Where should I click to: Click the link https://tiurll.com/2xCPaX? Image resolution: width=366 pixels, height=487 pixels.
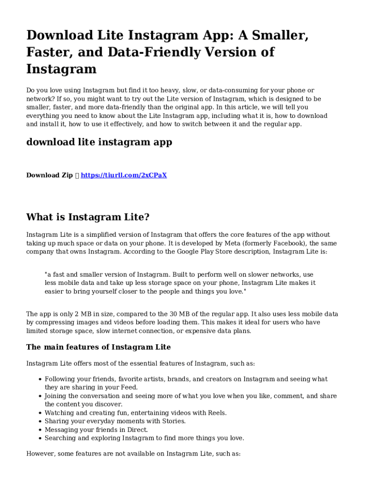[x=124, y=175]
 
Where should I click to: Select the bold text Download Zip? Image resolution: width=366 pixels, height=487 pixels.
[x=49, y=175]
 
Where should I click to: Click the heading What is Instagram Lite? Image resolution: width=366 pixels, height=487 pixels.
[x=88, y=217]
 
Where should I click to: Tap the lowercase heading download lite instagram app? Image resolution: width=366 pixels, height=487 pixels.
[x=99, y=142]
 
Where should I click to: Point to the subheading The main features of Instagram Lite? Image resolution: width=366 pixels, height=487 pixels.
[x=98, y=347]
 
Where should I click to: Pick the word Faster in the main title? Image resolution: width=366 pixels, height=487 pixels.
[x=48, y=52]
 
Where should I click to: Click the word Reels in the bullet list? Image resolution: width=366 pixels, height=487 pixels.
[x=217, y=413]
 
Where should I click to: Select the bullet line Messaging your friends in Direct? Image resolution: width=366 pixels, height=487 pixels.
[x=96, y=430]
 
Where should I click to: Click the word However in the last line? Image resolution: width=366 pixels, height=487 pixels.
[x=40, y=454]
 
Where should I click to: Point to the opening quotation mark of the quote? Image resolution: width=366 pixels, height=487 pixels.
[x=46, y=274]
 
